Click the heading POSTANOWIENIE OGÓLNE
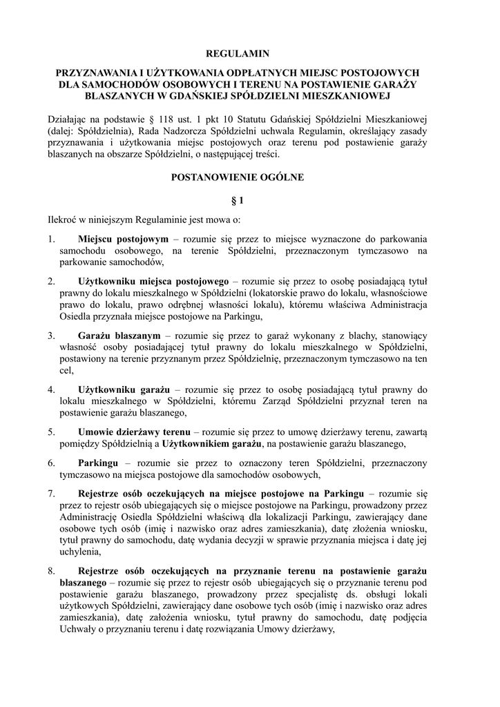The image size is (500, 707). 238,177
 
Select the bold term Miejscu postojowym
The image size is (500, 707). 123,238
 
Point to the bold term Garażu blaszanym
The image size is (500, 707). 119,335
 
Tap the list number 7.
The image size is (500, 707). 51,494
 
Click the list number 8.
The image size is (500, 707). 51,572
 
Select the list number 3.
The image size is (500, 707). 51,335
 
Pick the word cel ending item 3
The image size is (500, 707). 66,371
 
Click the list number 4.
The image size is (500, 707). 51,389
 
